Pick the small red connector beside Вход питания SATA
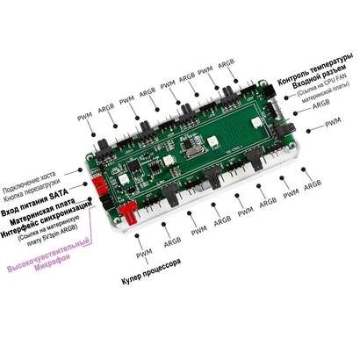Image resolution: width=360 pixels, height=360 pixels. point(102,187)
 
